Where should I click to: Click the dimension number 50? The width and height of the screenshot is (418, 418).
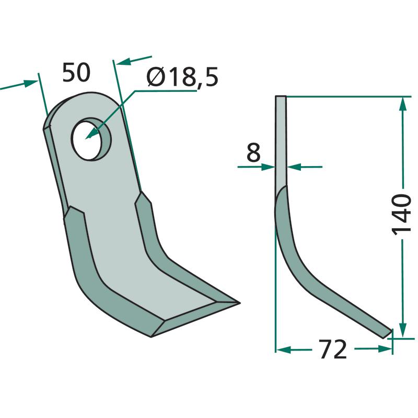click(x=76, y=73)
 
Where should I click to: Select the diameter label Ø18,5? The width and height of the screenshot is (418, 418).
click(x=182, y=77)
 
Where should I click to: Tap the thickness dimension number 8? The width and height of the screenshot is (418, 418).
click(x=253, y=152)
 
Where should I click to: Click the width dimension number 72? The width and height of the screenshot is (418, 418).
click(x=333, y=349)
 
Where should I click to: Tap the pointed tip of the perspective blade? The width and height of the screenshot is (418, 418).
click(x=239, y=303)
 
